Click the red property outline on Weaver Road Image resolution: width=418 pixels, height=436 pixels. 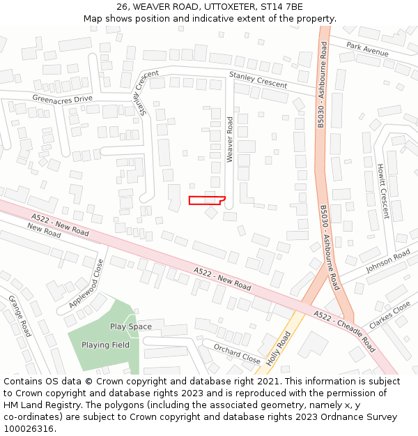coord(206,201)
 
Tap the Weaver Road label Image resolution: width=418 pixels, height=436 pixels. coord(230,140)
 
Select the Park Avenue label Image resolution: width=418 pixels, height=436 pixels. coord(367,50)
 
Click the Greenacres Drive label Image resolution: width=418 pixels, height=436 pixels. coord(62,99)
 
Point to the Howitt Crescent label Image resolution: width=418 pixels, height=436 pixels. coord(382,191)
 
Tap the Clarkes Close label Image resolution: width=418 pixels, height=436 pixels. coord(390,315)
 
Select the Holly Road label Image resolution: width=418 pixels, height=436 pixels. coord(279,349)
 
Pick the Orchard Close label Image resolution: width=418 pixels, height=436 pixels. coord(237,353)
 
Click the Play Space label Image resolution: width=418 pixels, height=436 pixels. coord(130,326)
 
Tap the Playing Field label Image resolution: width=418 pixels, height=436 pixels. coord(105,345)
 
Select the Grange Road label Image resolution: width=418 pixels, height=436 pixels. coord(20,315)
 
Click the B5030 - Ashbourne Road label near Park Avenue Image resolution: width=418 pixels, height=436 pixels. coord(322,84)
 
